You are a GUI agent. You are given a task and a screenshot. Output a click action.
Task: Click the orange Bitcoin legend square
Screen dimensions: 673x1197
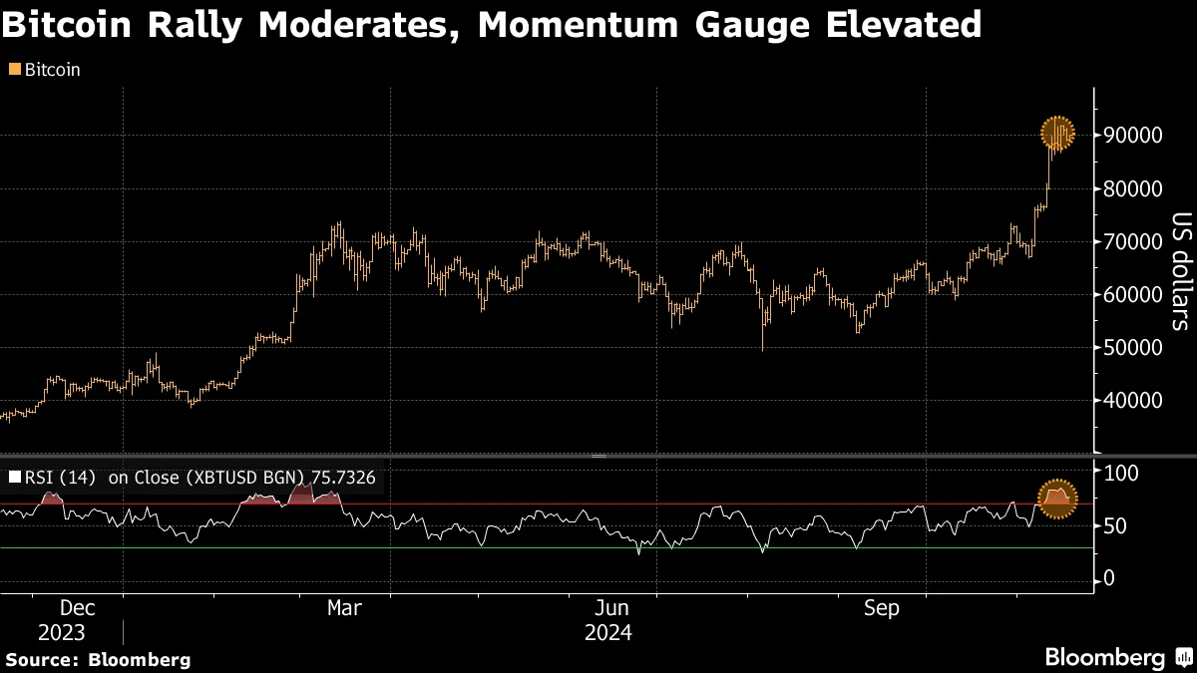[13, 70]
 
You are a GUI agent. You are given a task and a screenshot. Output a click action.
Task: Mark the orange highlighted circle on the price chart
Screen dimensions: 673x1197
[1057, 133]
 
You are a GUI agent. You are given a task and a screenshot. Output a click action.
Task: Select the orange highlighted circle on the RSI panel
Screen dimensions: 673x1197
[1057, 498]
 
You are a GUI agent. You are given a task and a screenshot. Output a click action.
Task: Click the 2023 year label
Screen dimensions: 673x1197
[63, 633]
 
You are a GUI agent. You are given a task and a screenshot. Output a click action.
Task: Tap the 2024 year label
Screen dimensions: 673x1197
[608, 633]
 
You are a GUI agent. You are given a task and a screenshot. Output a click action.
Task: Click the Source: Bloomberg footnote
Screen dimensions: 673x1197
[98, 660]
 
